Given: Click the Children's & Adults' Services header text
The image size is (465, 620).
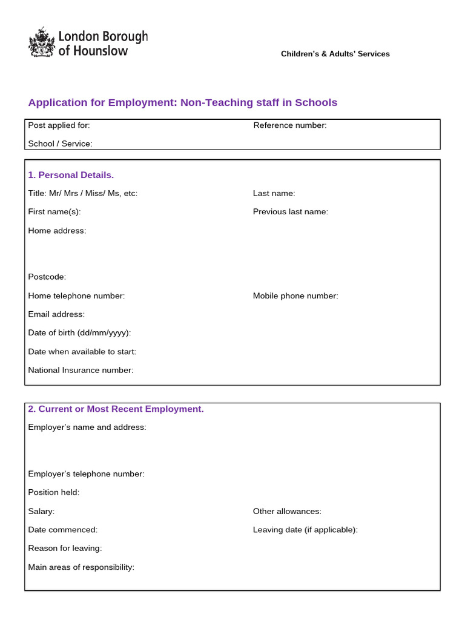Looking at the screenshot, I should coord(335,54).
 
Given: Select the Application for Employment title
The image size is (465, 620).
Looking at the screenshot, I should coord(182,102).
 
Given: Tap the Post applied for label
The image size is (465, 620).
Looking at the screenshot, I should coord(59,125).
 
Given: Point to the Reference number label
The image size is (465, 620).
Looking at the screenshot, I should coord(289,125).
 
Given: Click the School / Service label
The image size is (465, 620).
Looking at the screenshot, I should coord(60,143).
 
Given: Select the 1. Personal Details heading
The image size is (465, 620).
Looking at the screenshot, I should coord(71,175).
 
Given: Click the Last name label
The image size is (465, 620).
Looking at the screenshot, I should coord(274,193).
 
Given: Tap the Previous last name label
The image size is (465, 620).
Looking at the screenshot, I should coord(290,211).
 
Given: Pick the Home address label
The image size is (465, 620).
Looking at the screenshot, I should coord(57,231).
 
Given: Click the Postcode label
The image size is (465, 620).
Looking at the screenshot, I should coord(47,277).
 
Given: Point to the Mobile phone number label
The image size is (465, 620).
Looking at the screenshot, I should coord(295,295).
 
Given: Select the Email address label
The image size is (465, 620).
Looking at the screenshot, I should coord(56,314).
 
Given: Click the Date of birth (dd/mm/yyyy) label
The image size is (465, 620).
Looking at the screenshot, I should coord(79,332).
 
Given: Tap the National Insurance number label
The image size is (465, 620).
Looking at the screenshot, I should coord(81,370).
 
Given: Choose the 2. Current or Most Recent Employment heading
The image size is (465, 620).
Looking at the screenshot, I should coord(116,409).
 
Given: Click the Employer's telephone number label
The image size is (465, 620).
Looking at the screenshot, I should coord(86,473).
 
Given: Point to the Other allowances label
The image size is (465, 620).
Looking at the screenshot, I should coord(287,511).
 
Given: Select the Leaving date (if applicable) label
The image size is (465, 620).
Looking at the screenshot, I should coord(305,530).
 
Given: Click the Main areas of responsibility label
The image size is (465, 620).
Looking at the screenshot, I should coord(81,567).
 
